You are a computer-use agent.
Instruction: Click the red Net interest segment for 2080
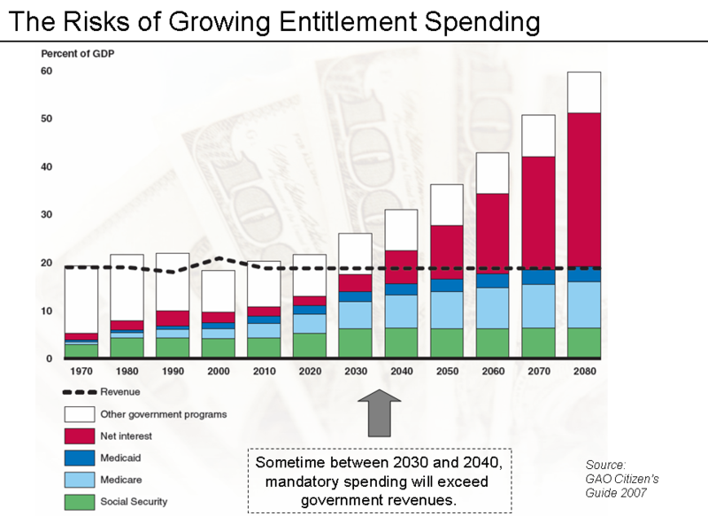point(582,190)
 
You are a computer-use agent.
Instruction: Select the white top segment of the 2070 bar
point(537,135)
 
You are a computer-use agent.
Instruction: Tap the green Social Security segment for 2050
point(446,342)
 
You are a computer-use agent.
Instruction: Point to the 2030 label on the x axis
point(355,373)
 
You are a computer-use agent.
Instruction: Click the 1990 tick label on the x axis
point(173,373)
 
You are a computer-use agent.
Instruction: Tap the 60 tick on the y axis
point(46,71)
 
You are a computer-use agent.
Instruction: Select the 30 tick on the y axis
point(46,215)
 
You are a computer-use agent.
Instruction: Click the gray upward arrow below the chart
point(379,412)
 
